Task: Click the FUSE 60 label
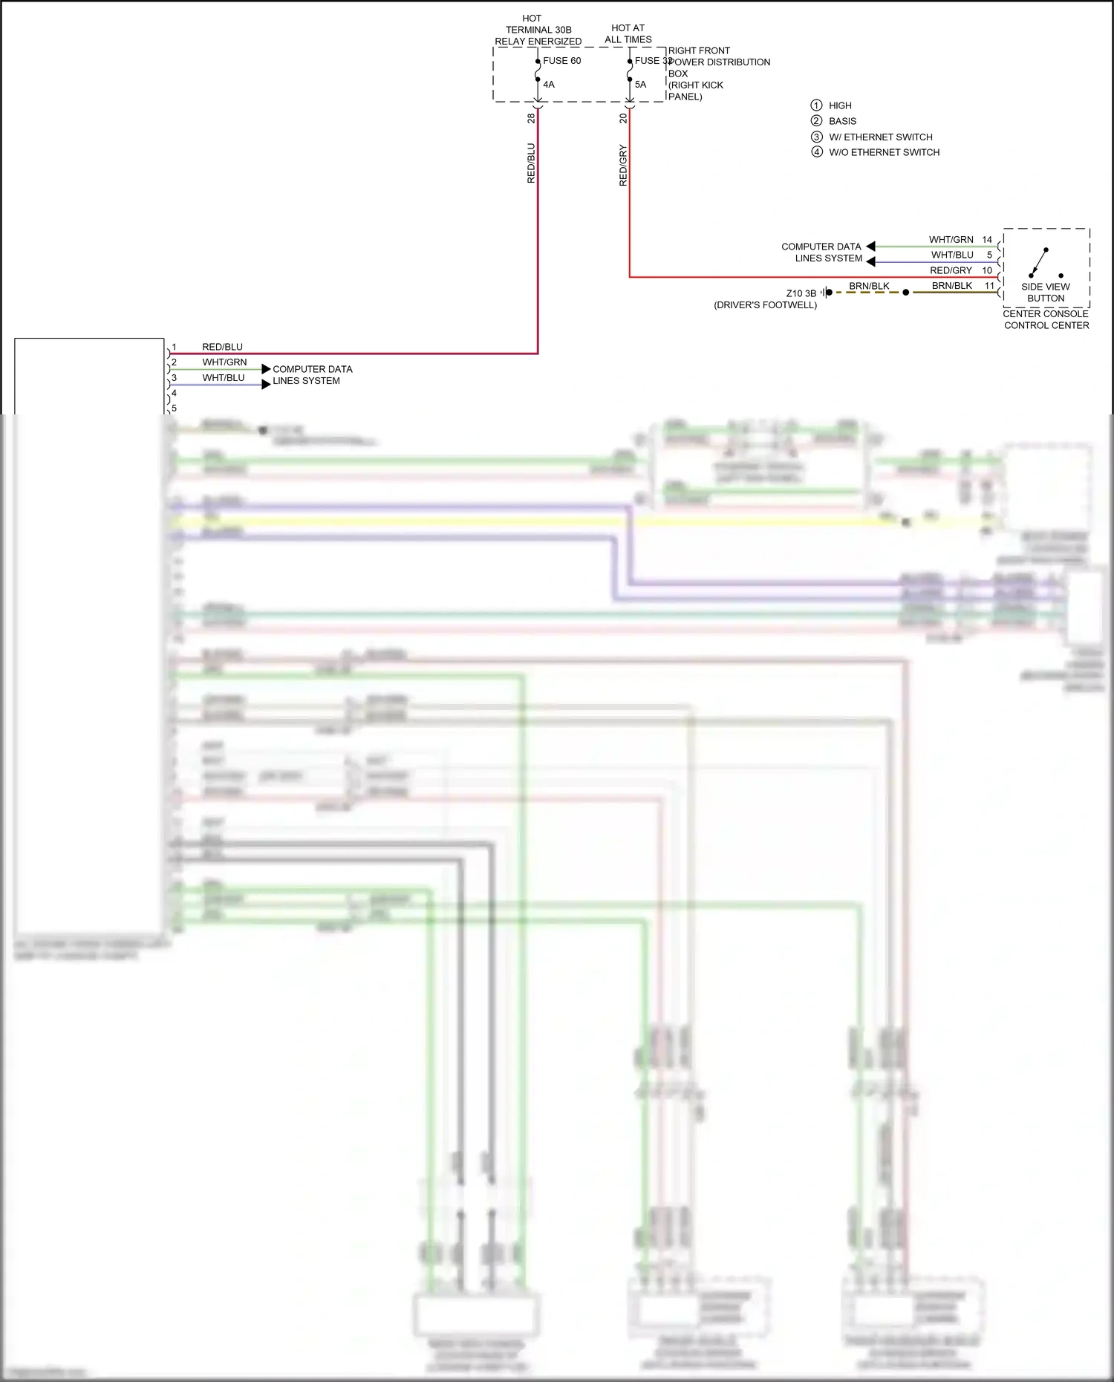[561, 61]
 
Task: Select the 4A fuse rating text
[549, 85]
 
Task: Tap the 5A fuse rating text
[640, 85]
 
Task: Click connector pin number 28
[531, 118]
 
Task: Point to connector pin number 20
[623, 118]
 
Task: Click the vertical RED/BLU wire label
[531, 163]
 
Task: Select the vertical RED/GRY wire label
[623, 166]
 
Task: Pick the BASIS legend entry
[842, 121]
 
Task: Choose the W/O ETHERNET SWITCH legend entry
[884, 152]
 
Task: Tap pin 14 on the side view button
[987, 240]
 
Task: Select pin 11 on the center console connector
[989, 286]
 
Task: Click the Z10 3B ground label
[801, 293]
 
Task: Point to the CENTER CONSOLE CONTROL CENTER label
[1046, 319]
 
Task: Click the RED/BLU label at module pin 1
[222, 347]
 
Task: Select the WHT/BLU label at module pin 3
[224, 378]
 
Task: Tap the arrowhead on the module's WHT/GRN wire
[266, 369]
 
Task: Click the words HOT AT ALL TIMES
[628, 33]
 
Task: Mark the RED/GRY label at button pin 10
[951, 270]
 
